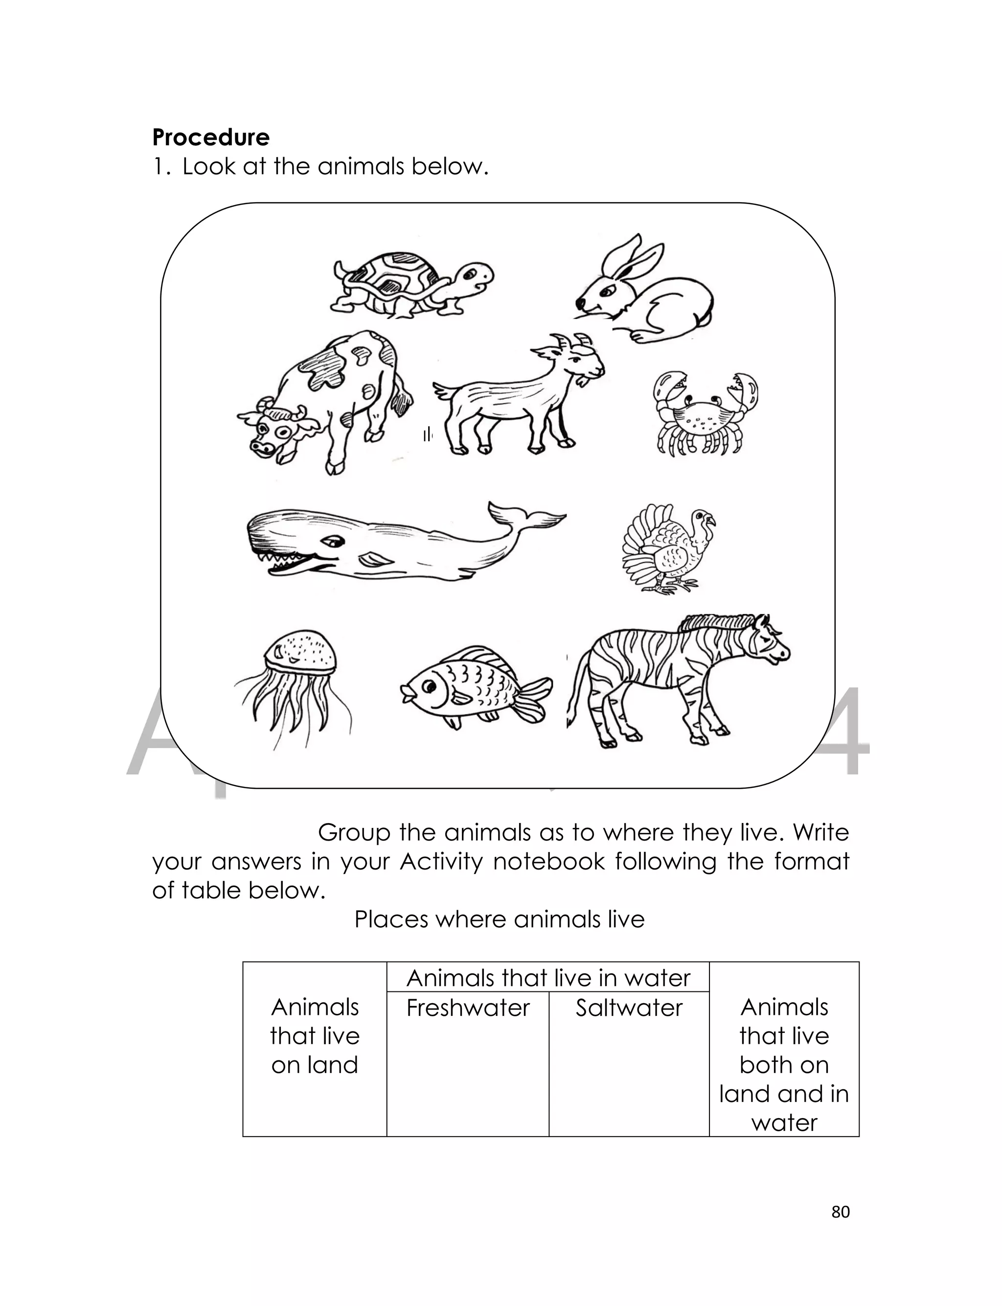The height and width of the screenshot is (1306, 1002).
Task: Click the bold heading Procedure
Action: (x=210, y=138)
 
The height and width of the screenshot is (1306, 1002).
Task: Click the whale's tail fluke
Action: (x=525, y=515)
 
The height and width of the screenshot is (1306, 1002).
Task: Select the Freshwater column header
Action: (x=468, y=1008)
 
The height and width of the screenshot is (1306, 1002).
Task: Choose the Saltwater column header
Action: (x=629, y=1008)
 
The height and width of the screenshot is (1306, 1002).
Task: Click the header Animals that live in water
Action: (x=547, y=978)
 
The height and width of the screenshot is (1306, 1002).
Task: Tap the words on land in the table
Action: (x=314, y=1065)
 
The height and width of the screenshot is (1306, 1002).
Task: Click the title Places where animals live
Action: (x=499, y=919)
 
